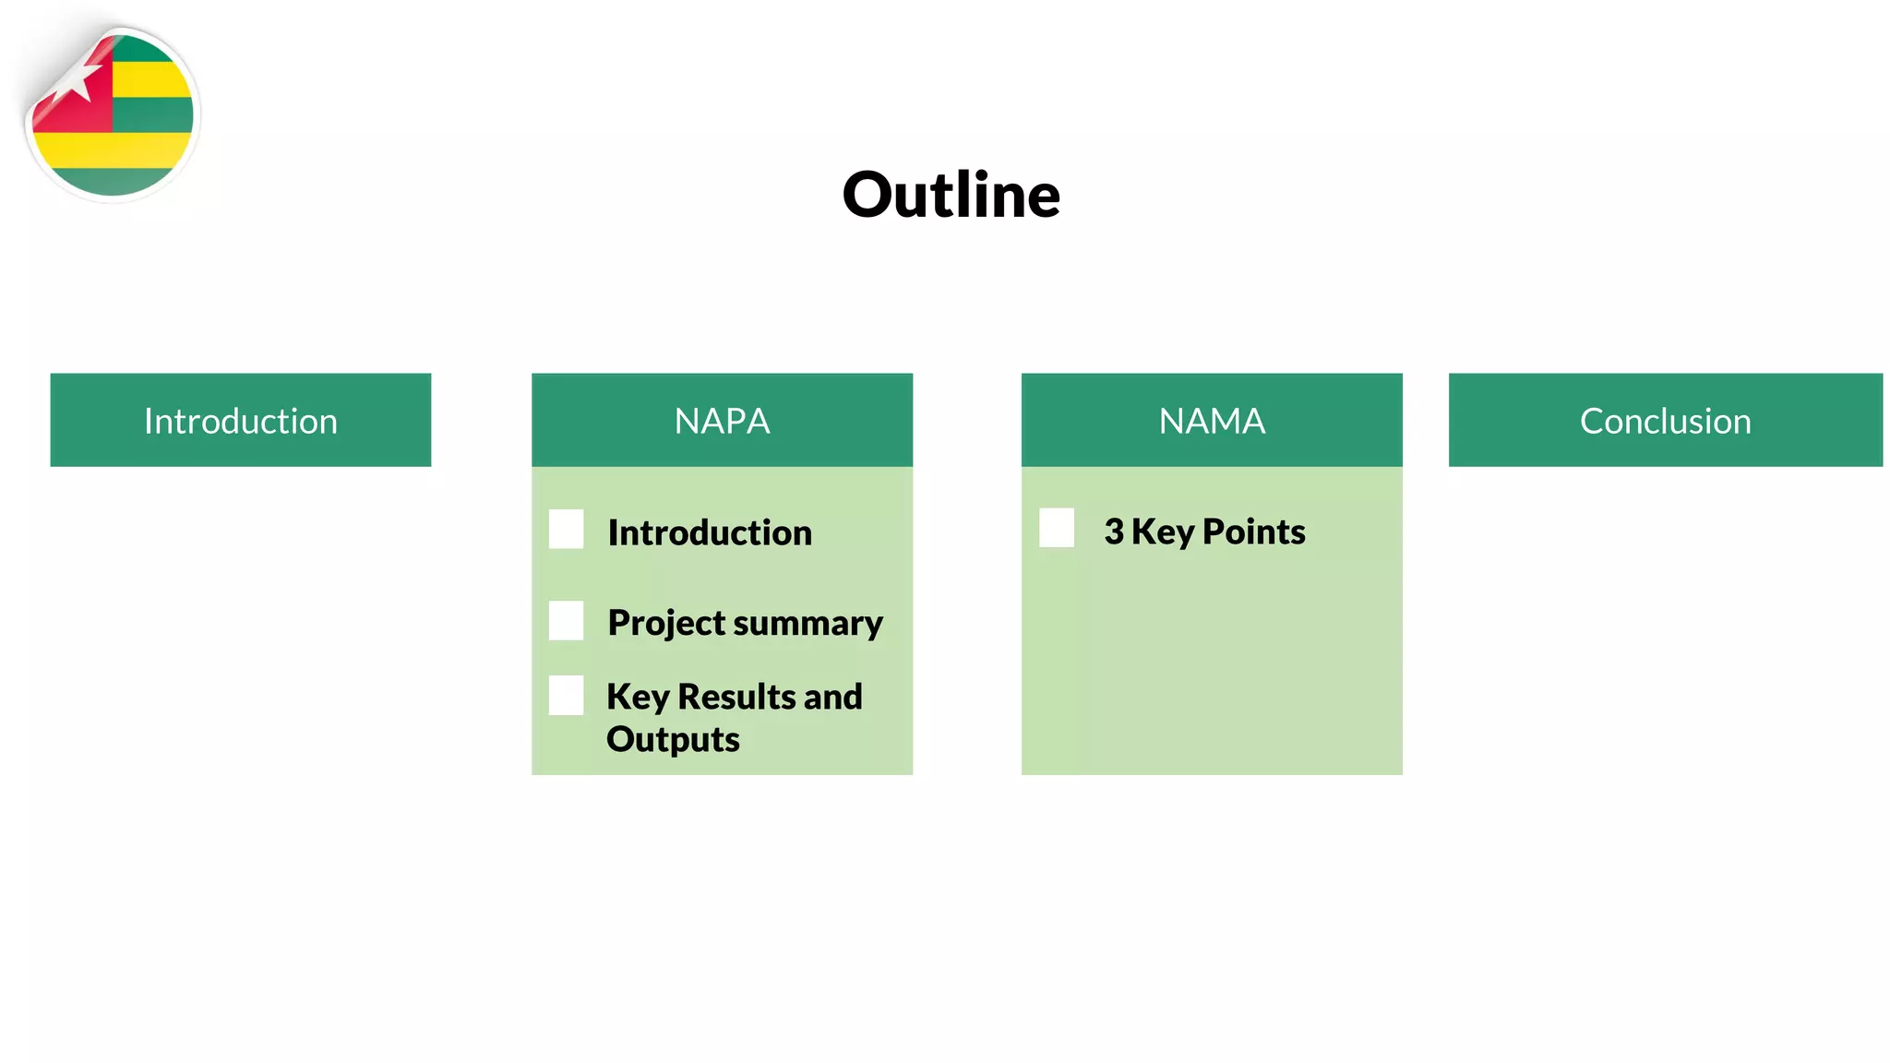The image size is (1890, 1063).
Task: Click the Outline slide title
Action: pos(951,196)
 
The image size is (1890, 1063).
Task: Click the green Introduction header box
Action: pos(240,420)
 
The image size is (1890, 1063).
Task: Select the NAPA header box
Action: pos(722,420)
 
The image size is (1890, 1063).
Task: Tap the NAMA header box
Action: pos(1211,420)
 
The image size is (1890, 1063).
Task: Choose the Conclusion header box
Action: pos(1665,420)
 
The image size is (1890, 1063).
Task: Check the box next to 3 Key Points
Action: pos(1056,528)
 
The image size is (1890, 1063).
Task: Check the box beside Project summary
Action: pos(566,620)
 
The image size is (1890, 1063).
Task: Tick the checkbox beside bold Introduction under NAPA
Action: pos(566,530)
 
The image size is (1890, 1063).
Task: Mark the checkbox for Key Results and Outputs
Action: pos(566,695)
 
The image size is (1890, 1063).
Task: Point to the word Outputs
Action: pos(673,740)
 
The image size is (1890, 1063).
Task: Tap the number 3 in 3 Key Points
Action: pos(1114,531)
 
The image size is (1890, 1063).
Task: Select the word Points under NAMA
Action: pos(1253,531)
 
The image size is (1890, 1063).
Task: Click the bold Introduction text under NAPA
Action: pos(710,532)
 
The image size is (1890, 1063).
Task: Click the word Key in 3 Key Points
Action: pos(1163,531)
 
